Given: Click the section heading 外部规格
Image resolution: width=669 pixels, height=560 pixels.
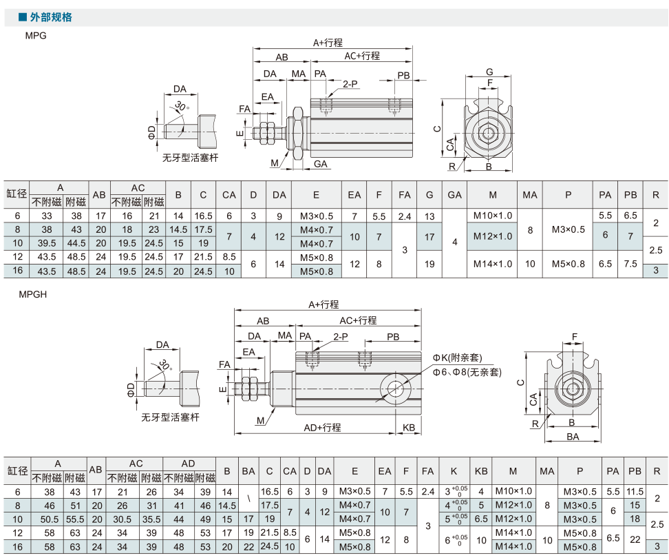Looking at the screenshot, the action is click(x=51, y=17).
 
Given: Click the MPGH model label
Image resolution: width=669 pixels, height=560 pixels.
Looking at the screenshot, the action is click(x=33, y=294).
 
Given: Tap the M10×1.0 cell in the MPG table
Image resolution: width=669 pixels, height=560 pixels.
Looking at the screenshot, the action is click(x=492, y=216).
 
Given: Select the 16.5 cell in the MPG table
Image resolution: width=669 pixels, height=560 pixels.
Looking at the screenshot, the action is click(x=204, y=216).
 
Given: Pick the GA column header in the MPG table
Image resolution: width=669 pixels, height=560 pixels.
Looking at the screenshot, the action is click(x=454, y=195).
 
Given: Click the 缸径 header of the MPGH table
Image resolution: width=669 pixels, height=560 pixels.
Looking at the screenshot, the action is click(x=17, y=470).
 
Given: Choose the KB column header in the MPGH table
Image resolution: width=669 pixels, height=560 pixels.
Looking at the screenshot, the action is click(x=481, y=471).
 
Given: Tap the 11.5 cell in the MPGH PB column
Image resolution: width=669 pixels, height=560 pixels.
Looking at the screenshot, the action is click(x=635, y=492).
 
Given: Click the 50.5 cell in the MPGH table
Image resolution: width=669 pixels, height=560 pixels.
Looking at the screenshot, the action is click(x=50, y=519).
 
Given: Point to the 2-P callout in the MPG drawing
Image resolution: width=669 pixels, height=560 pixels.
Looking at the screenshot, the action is click(x=350, y=84).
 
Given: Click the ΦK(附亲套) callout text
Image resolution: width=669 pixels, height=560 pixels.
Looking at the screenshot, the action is click(x=458, y=357).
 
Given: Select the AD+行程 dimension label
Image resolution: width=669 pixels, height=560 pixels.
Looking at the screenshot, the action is click(x=322, y=428).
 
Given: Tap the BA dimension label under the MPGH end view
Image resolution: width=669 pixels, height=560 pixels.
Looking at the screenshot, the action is click(x=573, y=437).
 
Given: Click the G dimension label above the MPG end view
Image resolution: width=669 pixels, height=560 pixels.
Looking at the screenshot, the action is click(x=489, y=72).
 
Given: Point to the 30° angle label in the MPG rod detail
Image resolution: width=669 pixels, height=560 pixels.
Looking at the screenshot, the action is click(x=181, y=106).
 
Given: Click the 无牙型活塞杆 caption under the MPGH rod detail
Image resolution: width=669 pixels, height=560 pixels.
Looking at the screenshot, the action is click(x=170, y=417).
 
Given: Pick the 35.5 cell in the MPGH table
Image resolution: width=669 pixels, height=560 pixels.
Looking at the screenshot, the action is click(x=151, y=519).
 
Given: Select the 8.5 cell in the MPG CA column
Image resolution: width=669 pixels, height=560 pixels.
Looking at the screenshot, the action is click(x=229, y=257).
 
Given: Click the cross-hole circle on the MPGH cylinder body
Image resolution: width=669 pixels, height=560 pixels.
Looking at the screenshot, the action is click(x=396, y=388).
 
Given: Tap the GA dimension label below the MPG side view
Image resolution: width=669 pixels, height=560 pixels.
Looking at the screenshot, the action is click(x=321, y=164).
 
